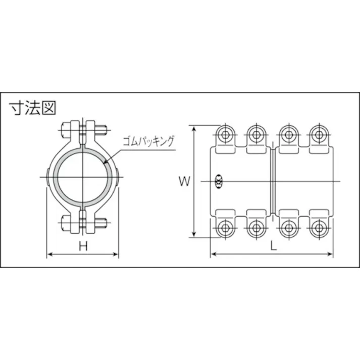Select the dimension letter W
185,181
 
